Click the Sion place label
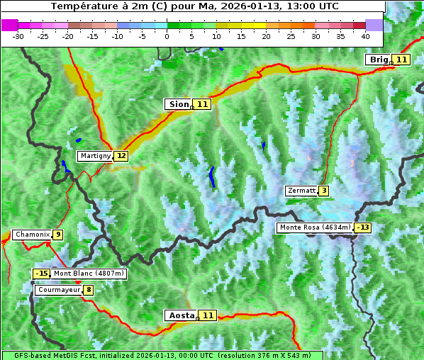pyautogui.click(x=177, y=104)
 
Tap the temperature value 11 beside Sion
pyautogui.click(x=203, y=104)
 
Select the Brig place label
pyautogui.click(x=378, y=60)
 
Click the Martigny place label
pyautogui.click(x=95, y=156)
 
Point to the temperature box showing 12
pyautogui.click(x=121, y=156)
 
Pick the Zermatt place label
pyautogui.click(x=301, y=191)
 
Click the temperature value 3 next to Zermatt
pyautogui.click(x=324, y=191)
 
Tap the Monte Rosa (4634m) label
pyautogui.click(x=315, y=227)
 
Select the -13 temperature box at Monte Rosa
pyautogui.click(x=364, y=227)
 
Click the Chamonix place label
pyautogui.click(x=32, y=235)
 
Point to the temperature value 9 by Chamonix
pyautogui.click(x=58, y=235)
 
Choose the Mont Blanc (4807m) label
pyautogui.click(x=89, y=274)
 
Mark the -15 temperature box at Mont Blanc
pyautogui.click(x=42, y=274)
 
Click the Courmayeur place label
pyautogui.click(x=59, y=290)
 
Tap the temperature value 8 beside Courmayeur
pyautogui.click(x=89, y=290)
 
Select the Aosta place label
pyautogui.click(x=179, y=315)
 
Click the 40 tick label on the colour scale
pyautogui.click(x=365, y=35)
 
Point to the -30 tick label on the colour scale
pyautogui.click(x=18, y=35)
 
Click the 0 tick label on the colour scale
pyautogui.click(x=167, y=35)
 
